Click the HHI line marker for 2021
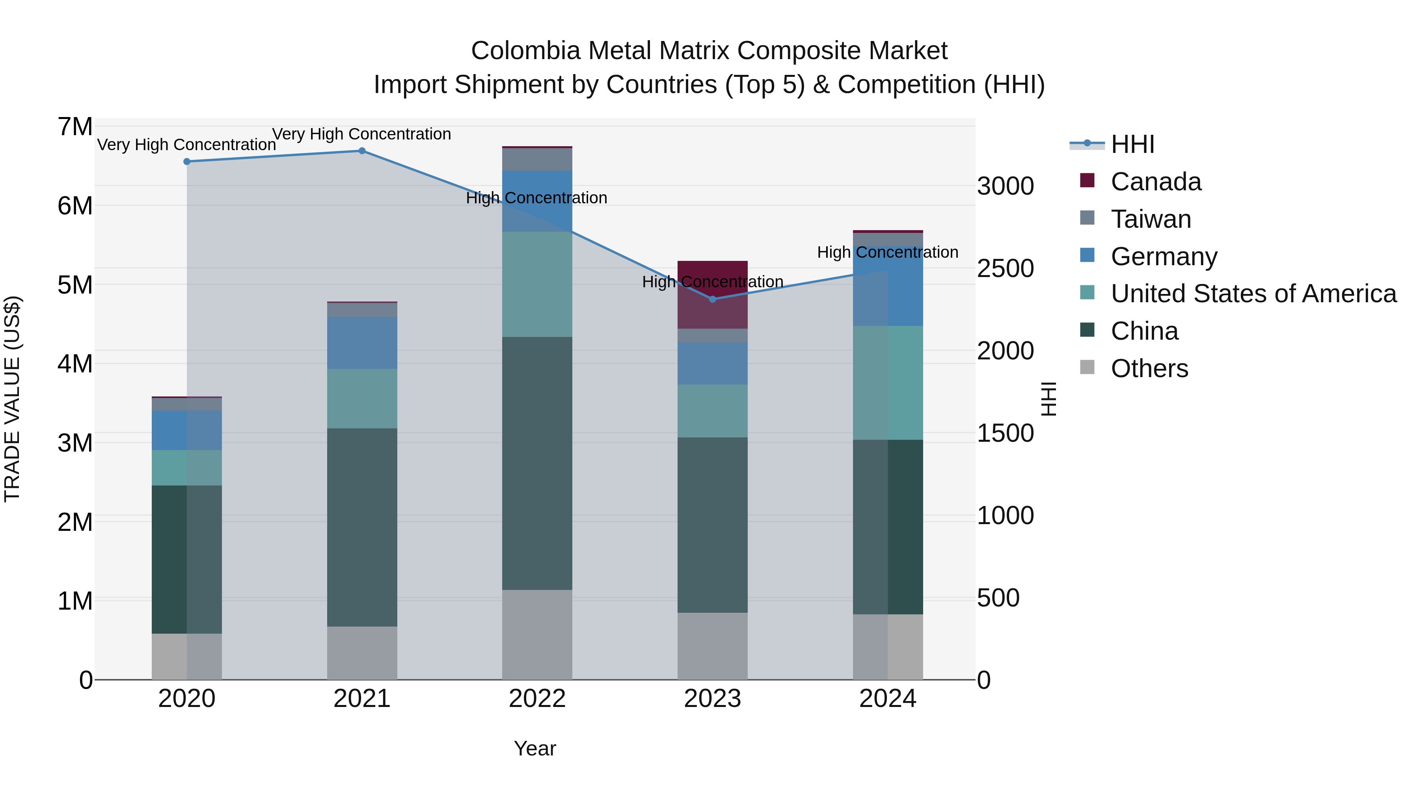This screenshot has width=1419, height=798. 362,151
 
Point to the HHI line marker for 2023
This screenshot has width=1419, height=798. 712,299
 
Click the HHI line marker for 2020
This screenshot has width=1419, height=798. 187,161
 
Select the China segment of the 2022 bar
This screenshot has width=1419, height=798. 537,463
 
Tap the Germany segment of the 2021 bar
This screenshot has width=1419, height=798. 362,342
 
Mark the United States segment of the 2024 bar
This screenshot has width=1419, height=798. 887,383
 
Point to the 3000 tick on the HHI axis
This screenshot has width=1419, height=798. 1005,186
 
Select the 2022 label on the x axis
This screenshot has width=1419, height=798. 537,699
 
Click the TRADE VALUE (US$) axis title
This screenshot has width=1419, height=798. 12,399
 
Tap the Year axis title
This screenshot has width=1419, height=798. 535,748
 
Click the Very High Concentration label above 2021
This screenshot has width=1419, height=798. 361,134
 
